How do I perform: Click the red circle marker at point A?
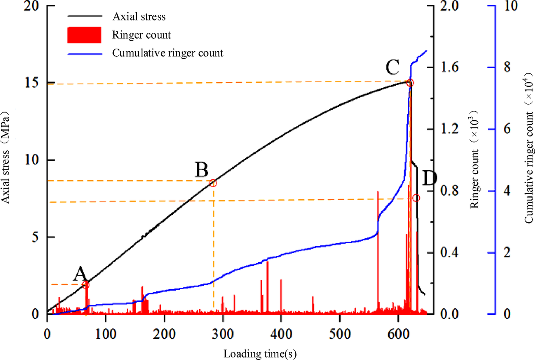pyautogui.click(x=86, y=285)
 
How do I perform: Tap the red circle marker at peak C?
pyautogui.click(x=410, y=83)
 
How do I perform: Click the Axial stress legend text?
pyautogui.click(x=139, y=17)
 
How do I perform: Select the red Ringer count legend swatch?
pyautogui.click(x=84, y=35)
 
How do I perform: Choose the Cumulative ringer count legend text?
pyautogui.click(x=168, y=53)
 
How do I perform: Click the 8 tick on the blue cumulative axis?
pyautogui.click(x=505, y=68)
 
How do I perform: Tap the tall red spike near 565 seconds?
pyautogui.click(x=378, y=243)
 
